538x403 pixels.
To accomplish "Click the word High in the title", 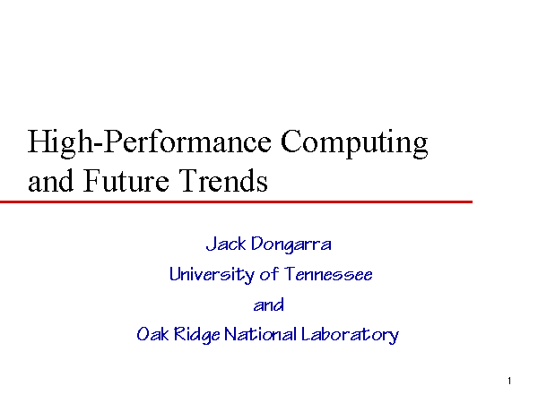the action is [x=60, y=143].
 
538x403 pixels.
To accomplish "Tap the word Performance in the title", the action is [x=187, y=141].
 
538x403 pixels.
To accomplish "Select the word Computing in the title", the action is [x=354, y=143].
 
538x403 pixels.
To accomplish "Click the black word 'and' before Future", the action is [x=50, y=181].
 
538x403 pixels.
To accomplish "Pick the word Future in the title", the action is [x=126, y=181].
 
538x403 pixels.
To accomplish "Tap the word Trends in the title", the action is [x=223, y=180].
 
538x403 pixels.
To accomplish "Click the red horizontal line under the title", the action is [x=236, y=201].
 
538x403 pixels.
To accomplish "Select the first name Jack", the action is [x=226, y=244].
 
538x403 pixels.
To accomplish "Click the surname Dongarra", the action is [x=291, y=244].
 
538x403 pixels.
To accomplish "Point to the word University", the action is [x=212, y=275].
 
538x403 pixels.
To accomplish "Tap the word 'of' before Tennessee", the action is [x=269, y=274].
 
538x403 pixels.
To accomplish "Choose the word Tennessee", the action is [x=328, y=274].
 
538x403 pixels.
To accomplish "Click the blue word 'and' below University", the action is [x=269, y=304].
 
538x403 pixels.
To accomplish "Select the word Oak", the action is [x=152, y=334].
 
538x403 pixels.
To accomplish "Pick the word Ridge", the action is [x=196, y=335].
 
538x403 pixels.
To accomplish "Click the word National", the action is [x=260, y=334].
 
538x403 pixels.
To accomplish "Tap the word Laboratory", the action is [x=350, y=335].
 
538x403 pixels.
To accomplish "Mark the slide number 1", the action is [x=509, y=381].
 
